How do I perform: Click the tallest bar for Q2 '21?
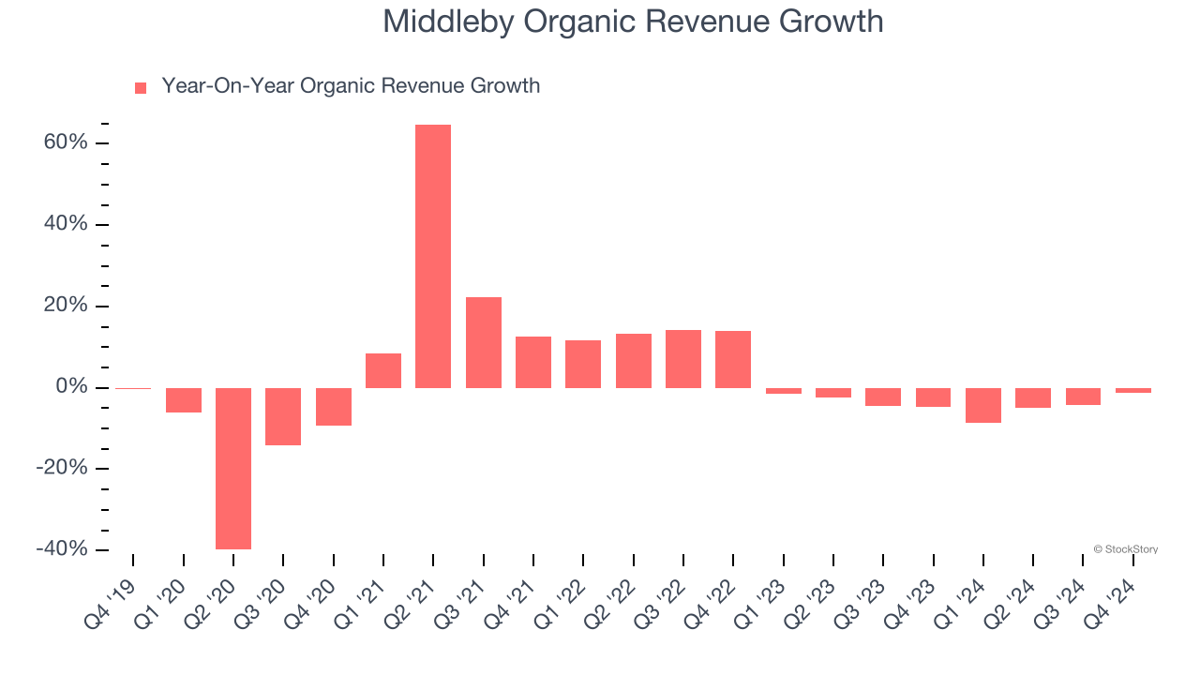pos(433,256)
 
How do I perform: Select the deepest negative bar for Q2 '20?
pos(233,468)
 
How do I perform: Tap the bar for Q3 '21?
pos(484,342)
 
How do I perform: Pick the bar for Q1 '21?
pos(383,370)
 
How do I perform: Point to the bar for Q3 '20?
pos(283,416)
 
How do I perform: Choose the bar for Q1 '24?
pos(983,405)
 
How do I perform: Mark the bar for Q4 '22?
pos(733,359)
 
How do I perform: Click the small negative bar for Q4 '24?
pos(1133,390)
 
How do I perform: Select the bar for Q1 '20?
pos(184,400)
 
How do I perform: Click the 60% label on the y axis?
pos(66,143)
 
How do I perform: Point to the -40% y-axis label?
pos(62,549)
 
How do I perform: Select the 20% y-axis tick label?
pos(66,307)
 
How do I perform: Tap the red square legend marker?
pos(141,88)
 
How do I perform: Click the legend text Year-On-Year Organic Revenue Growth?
pos(351,86)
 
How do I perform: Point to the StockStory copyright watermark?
pos(1125,549)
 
